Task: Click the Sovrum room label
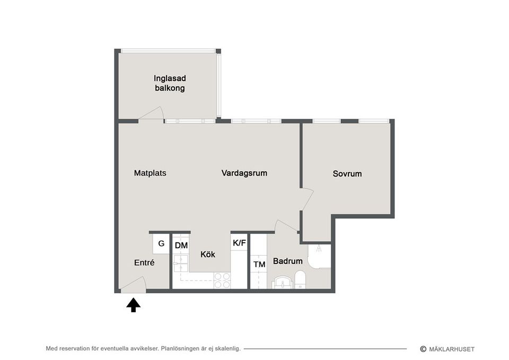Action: [347, 173]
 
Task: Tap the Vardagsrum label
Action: [244, 173]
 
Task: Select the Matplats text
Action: [150, 173]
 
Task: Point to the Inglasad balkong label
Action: [170, 83]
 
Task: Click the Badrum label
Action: [287, 261]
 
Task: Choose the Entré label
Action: [144, 262]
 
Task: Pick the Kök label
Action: [208, 254]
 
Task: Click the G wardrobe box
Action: [161, 244]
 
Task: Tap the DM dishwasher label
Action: [181, 245]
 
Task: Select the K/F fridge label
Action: [239, 243]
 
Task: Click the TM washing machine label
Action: [259, 264]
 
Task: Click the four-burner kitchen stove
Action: [222, 280]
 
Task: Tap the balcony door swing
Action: [152, 113]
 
